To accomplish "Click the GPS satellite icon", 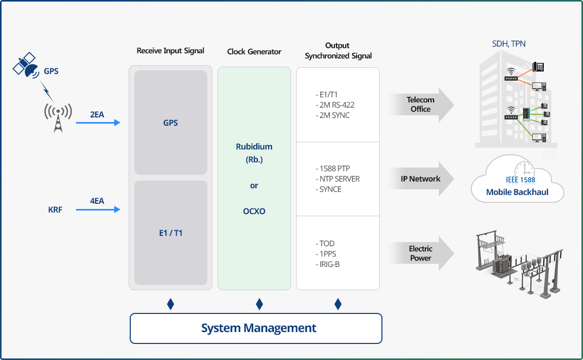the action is click(x=26, y=66).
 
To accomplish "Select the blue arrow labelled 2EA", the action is click(x=98, y=123).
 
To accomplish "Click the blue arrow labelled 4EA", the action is click(x=98, y=209).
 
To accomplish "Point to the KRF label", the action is click(x=55, y=209).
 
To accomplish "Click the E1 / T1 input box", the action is click(x=171, y=233).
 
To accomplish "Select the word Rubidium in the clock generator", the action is click(x=254, y=147).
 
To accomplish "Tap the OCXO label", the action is click(x=254, y=211).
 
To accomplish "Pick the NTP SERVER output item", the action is click(x=337, y=179).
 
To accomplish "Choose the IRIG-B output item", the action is click(x=328, y=264).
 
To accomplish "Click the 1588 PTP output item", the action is click(x=333, y=169).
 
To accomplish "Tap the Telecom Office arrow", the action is click(x=421, y=104).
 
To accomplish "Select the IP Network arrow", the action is click(x=421, y=178).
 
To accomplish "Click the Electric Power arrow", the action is click(x=421, y=253).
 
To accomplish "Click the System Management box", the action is click(x=256, y=328).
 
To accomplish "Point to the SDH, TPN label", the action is click(x=509, y=43).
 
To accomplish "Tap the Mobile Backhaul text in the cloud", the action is click(x=517, y=192).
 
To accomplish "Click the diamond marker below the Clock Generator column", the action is click(x=259, y=304).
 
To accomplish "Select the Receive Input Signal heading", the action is click(x=170, y=51).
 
